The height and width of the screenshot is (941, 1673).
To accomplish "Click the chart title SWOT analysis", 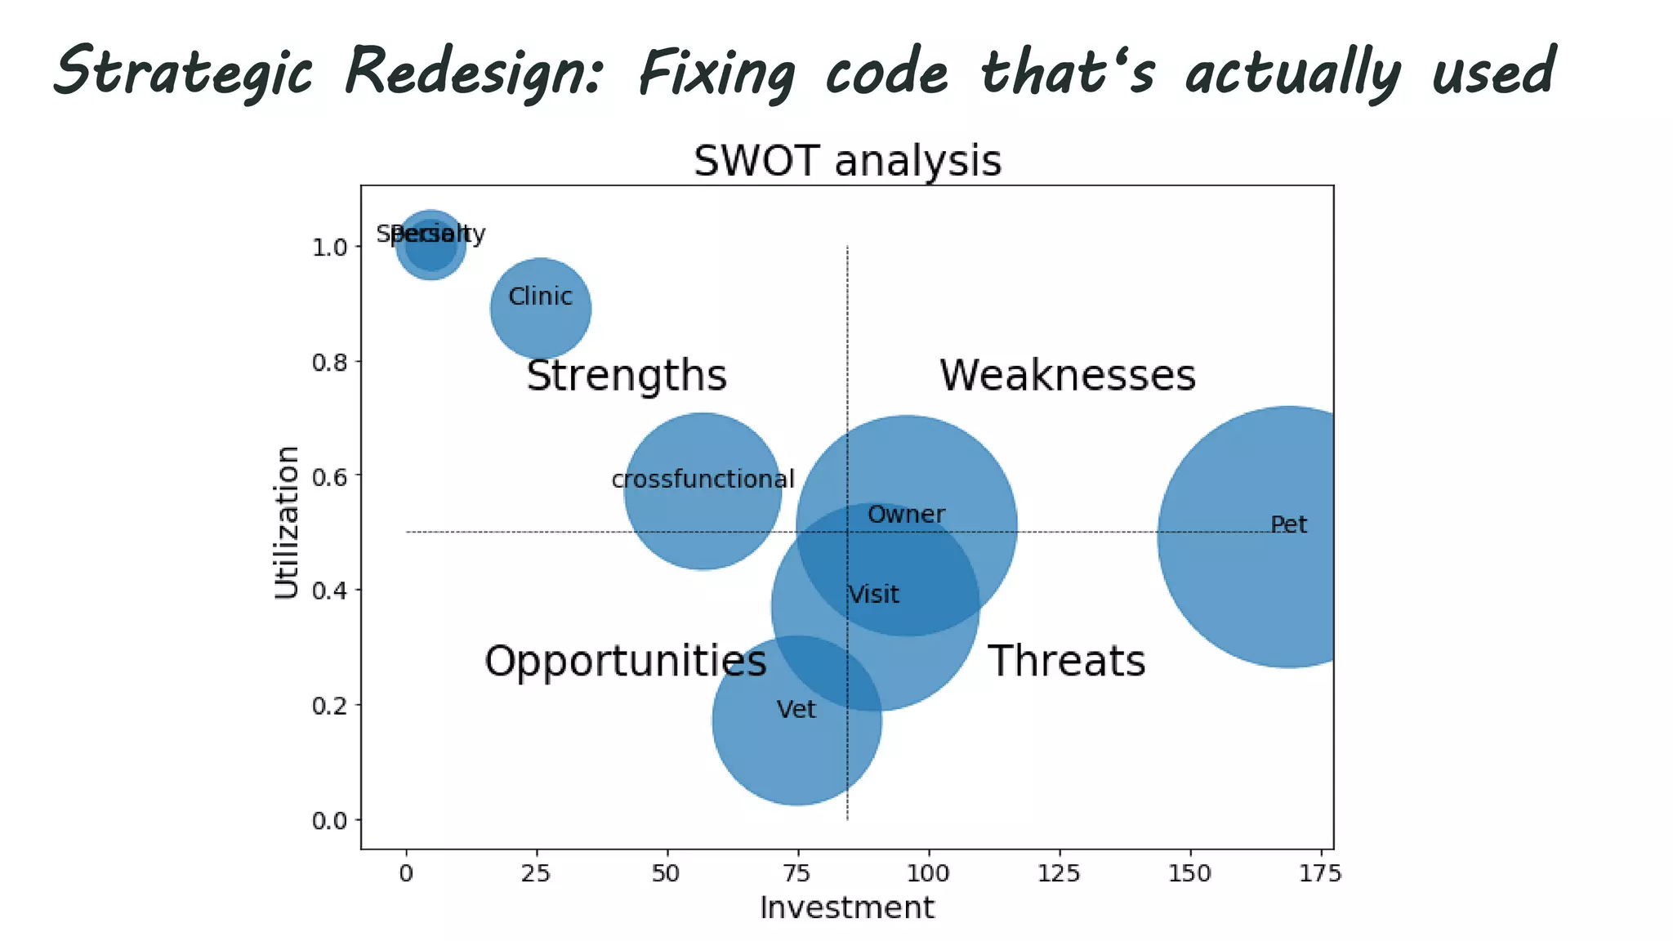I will coord(847,161).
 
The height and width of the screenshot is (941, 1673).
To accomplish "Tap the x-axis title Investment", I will coord(846,908).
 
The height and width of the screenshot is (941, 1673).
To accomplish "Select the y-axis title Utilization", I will coord(287,523).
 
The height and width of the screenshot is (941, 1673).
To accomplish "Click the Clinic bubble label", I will coord(540,297).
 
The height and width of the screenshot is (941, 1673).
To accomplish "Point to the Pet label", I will coord(1288,524).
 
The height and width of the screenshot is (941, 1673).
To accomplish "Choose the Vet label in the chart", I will coord(796,709).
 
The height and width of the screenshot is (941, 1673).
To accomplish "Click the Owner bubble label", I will coord(906,515).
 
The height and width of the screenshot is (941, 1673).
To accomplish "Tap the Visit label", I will coord(873,595).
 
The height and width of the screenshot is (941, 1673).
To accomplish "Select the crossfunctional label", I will coord(703,479).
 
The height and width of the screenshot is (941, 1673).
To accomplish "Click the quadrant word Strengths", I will coord(627,376).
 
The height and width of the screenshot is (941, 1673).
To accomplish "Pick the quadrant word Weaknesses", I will coord(1067,376).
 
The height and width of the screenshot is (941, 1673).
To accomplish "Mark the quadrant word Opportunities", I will coord(625,661).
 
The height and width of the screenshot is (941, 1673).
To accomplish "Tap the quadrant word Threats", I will coord(1066,661).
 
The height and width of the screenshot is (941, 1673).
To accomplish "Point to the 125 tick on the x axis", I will coord(1058,873).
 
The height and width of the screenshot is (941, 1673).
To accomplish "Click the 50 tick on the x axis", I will coord(666,873).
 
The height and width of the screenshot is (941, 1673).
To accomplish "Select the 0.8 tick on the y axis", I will coord(330,362).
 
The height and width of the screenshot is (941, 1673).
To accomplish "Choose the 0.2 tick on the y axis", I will coord(330,705).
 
